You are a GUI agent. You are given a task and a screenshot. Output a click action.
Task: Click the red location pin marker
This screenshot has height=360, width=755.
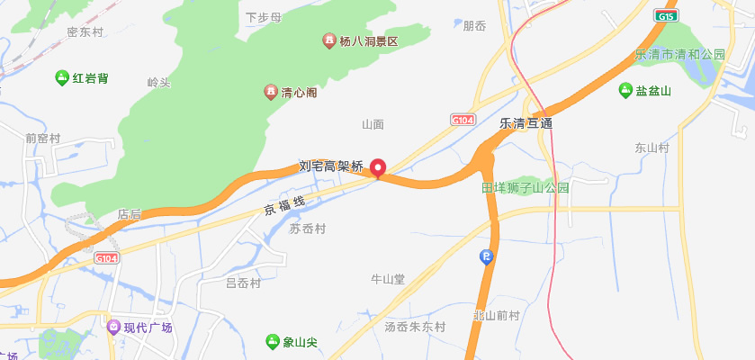coord(379,167)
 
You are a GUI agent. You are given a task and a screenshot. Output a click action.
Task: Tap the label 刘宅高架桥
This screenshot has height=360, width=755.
coord(331,166)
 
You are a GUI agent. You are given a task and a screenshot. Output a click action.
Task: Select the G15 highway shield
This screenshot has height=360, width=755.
coord(665,16)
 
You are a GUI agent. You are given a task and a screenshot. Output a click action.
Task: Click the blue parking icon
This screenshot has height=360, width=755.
coord(487,257)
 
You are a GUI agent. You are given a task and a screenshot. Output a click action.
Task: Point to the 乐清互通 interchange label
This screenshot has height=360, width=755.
coord(526,122)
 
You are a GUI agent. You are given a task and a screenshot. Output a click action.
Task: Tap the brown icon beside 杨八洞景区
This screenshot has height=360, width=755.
coord(329,41)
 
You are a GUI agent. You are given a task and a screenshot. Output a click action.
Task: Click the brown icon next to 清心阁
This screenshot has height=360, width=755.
coord(270,92)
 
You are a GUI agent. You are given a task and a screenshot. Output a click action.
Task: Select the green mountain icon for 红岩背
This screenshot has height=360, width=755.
coord(62,78)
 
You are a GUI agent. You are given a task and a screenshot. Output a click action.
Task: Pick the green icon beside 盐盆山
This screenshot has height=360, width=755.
coord(625,90)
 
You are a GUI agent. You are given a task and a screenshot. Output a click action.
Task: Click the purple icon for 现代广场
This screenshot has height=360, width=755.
coord(112,328)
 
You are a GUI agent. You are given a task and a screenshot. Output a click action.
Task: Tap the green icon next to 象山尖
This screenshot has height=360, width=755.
coord(273,341)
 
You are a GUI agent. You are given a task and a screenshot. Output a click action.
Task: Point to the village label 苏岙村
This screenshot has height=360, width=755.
coord(307,229)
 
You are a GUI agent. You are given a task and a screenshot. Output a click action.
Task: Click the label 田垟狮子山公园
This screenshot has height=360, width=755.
coord(526,188)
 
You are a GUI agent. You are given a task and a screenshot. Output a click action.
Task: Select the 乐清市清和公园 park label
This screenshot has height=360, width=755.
coord(680,55)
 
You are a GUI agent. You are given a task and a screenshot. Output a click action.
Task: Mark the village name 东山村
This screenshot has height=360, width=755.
coord(652,148)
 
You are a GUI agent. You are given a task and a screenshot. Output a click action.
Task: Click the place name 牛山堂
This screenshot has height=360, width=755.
coord(388,279)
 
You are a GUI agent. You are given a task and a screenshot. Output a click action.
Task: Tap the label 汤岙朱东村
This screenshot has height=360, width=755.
coord(415,326)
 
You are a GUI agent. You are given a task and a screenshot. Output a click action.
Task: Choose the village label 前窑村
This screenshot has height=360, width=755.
coord(42,139)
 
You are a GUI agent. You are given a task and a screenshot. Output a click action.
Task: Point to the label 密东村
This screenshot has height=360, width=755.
coord(85,32)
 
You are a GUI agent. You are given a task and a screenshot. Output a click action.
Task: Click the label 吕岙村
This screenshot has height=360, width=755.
coord(243,283)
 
